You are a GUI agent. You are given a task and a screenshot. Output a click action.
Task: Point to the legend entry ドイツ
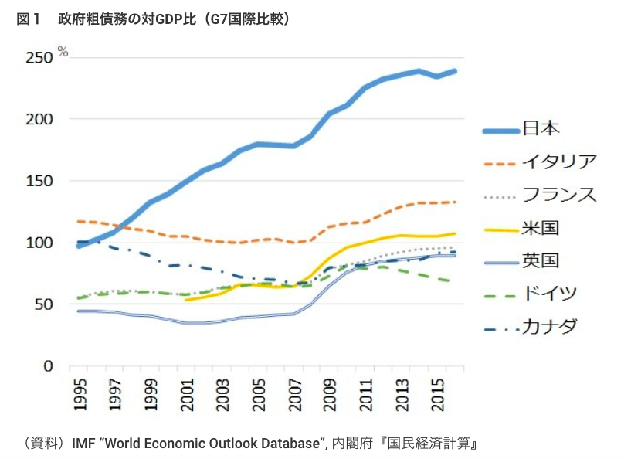(550, 294)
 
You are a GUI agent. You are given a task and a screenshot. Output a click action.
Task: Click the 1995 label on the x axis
(80, 394)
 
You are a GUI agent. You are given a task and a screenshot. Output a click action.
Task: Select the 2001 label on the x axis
(186, 394)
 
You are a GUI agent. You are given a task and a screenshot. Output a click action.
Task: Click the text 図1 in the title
(27, 19)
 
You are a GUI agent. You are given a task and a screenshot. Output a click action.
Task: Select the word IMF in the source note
(84, 444)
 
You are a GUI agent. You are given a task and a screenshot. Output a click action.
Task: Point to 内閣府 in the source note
(348, 444)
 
